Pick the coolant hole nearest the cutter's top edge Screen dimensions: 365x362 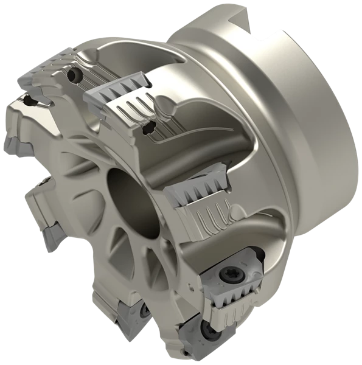coord(74,75)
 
